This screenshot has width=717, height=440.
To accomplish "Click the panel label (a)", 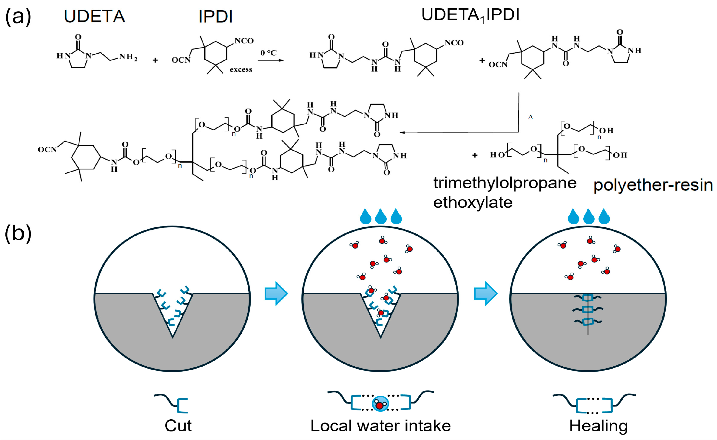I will pos(18,17).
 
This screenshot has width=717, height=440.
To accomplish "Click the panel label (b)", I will pos(18,233).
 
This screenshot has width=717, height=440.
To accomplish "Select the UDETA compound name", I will pos(94,16).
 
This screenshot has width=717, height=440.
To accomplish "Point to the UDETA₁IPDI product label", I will pos(470,15).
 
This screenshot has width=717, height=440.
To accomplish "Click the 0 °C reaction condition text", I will pos(268,53).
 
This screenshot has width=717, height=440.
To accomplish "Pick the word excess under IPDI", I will pos(241,69).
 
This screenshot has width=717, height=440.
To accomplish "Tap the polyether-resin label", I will pos(653,185).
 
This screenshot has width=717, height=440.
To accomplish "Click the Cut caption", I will pos(178,426).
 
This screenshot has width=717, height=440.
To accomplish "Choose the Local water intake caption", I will pos(380,426).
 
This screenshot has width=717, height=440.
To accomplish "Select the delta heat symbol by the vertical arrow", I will pos(530,117).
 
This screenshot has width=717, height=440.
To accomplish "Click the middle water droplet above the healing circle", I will pos(589,216).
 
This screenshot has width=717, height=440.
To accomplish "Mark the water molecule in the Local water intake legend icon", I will pos(380,404).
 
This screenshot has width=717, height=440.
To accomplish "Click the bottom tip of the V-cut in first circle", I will pos(173,337).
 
